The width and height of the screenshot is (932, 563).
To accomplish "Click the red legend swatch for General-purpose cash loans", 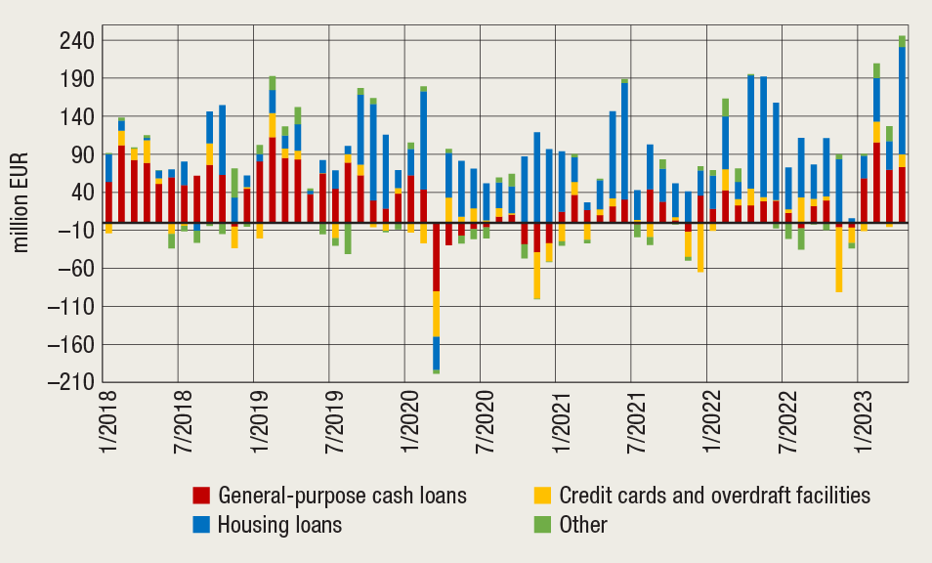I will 201,495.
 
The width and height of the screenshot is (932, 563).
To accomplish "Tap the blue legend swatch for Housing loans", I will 201,525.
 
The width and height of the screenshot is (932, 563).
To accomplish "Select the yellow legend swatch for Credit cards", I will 541,495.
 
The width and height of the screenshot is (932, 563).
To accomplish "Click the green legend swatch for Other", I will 541,525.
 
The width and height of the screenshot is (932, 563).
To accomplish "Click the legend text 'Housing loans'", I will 280,525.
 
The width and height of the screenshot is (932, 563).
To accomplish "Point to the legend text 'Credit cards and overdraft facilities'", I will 714,495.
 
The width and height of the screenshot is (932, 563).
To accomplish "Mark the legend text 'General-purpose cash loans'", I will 343,495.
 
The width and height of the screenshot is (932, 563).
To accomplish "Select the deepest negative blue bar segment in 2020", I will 436,353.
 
